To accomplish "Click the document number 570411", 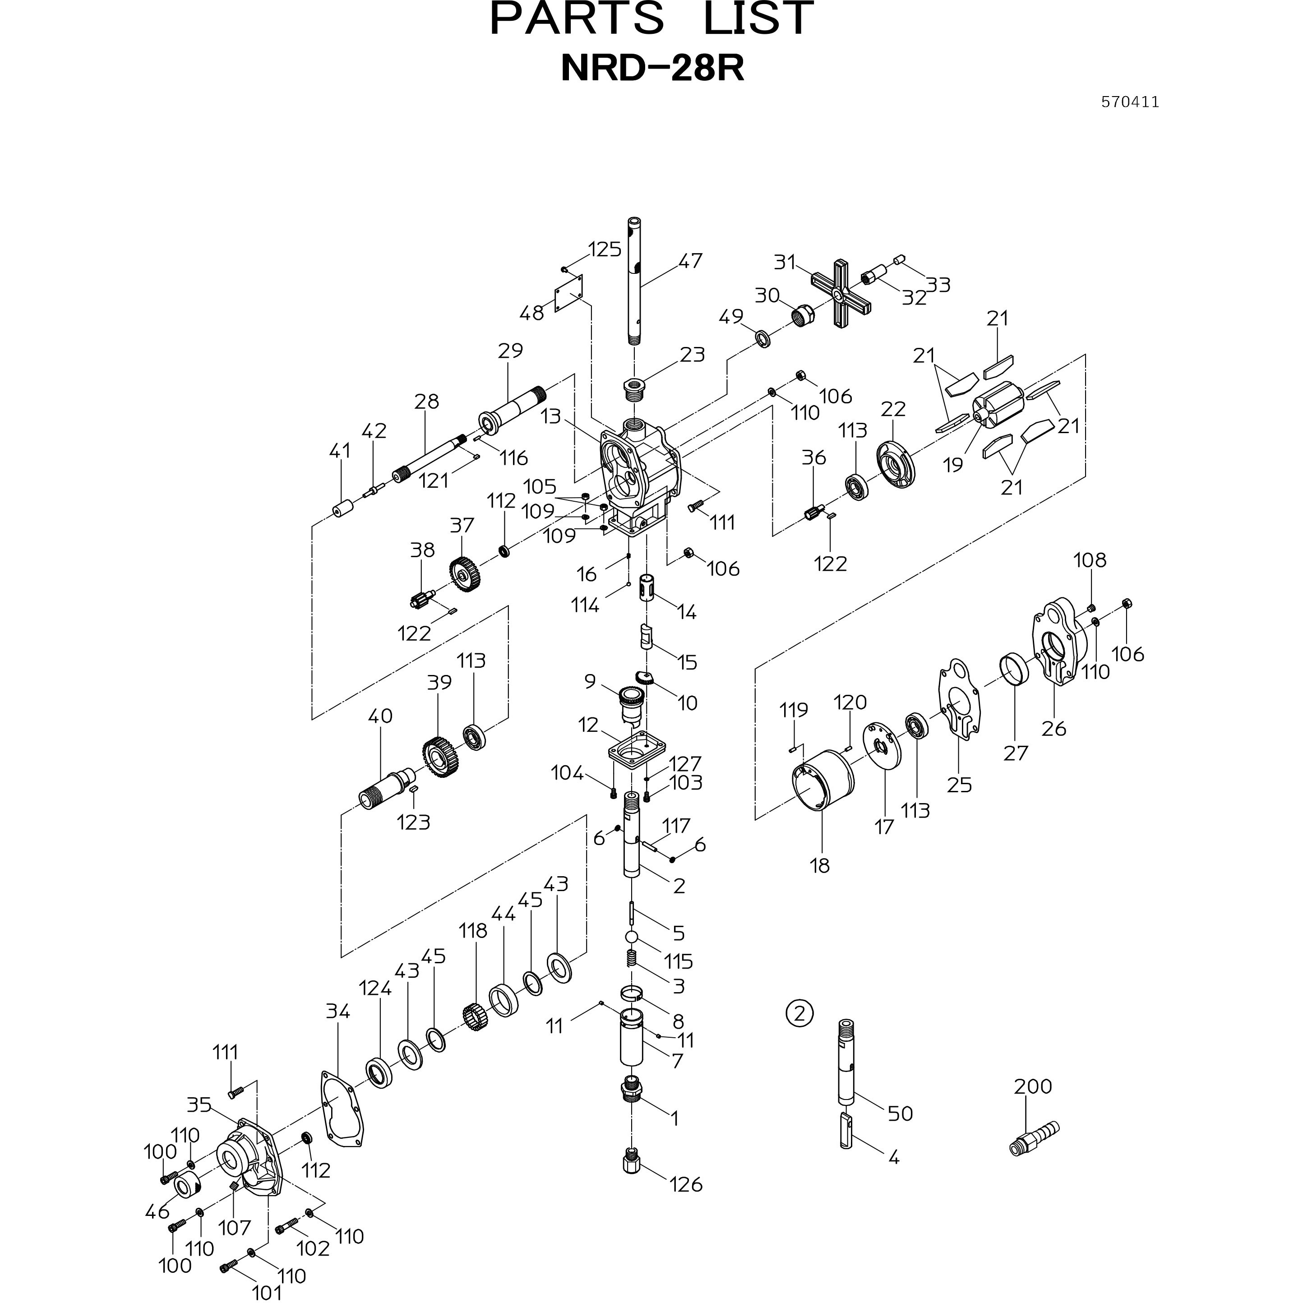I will (1130, 102).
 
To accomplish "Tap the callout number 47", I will (690, 260).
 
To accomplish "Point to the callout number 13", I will (551, 416).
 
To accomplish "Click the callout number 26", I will (1054, 728).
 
